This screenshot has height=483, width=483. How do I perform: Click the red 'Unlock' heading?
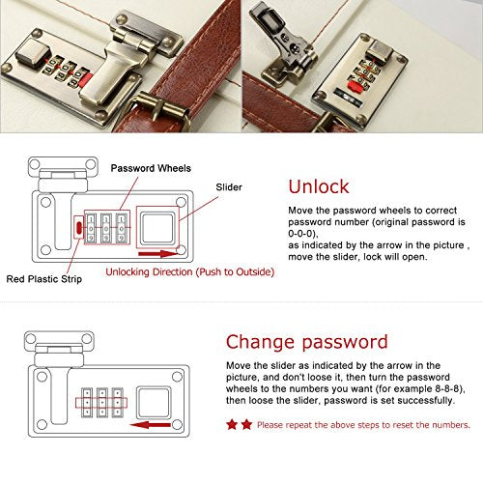point(319,186)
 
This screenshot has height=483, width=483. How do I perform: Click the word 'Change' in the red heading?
point(260,342)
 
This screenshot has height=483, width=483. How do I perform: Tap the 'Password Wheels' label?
point(151,168)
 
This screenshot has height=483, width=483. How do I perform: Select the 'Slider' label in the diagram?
point(229,187)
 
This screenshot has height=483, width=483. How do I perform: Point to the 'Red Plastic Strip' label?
point(44,279)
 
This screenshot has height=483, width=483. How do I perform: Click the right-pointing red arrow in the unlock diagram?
point(157,254)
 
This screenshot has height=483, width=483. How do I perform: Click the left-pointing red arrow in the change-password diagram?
point(151,425)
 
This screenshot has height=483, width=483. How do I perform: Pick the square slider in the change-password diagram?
point(153,403)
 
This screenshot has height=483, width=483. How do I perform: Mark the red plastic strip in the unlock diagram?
point(78,227)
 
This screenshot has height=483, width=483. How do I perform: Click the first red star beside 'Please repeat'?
point(232,425)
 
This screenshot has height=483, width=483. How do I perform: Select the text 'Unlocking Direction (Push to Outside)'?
point(190,272)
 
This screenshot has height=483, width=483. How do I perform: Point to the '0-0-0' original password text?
point(300,234)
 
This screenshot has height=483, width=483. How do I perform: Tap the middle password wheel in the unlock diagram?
point(105,228)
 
